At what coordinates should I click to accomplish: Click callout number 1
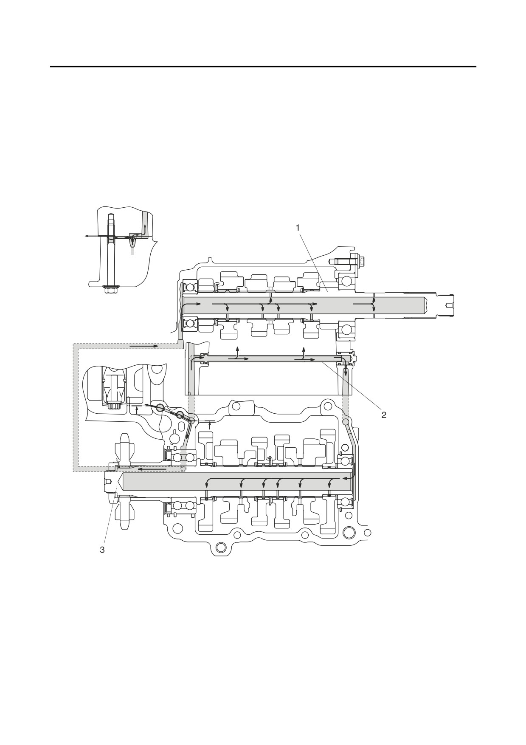pyautogui.click(x=298, y=228)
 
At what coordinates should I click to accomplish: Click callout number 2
pyautogui.click(x=384, y=415)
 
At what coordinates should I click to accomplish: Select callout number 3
pyautogui.click(x=102, y=550)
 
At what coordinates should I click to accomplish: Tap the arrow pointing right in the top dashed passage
pyautogui.click(x=144, y=346)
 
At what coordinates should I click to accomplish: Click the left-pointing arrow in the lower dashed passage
pyautogui.click(x=152, y=469)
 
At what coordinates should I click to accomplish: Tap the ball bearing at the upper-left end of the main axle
pyautogui.click(x=189, y=288)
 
